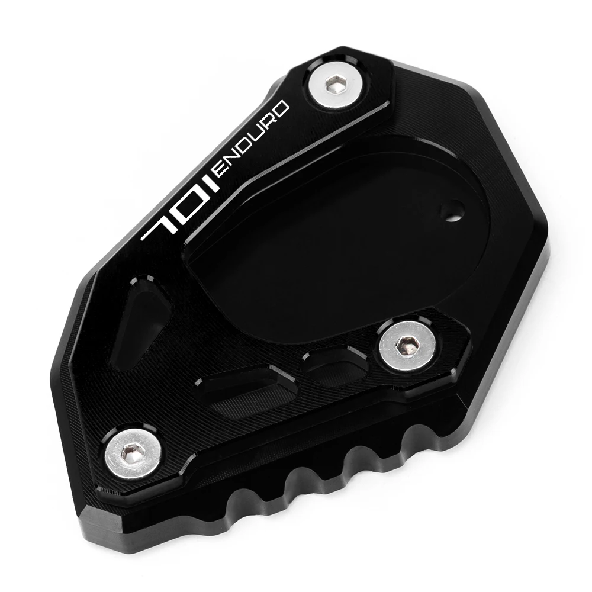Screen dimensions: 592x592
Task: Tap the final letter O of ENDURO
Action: click(284, 109)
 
